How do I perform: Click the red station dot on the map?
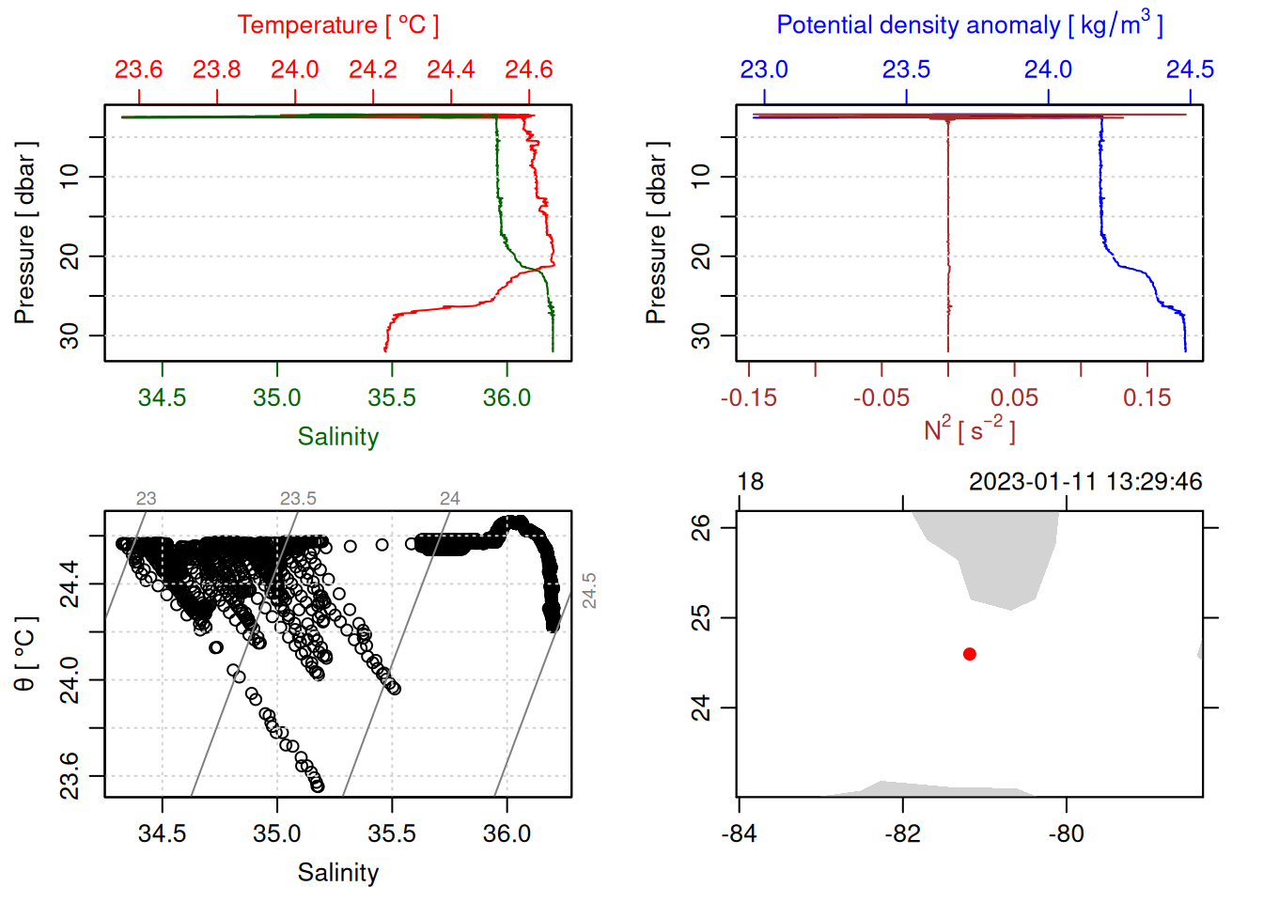coord(970,654)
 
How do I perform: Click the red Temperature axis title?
coord(337,25)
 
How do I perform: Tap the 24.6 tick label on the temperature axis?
coord(529,70)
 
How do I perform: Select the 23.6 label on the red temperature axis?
coord(139,70)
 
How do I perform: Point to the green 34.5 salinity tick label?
coord(162,397)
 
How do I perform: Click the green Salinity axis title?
coord(337,437)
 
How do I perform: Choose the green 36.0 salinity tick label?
coord(507,397)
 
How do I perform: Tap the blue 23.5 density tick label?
coord(906,70)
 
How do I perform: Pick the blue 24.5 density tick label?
coord(1190,70)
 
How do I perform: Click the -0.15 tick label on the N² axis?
coord(749,397)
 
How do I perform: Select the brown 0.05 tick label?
coord(1014,397)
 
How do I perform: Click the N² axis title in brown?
coord(970,430)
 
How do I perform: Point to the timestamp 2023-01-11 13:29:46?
coord(1085,482)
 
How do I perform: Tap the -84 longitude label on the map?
coord(740,833)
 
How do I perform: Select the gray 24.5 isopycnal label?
coord(589,591)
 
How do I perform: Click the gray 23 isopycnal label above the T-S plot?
coord(146,499)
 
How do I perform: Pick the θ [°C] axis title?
coord(25,654)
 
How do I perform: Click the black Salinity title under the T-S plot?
coord(337,873)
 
